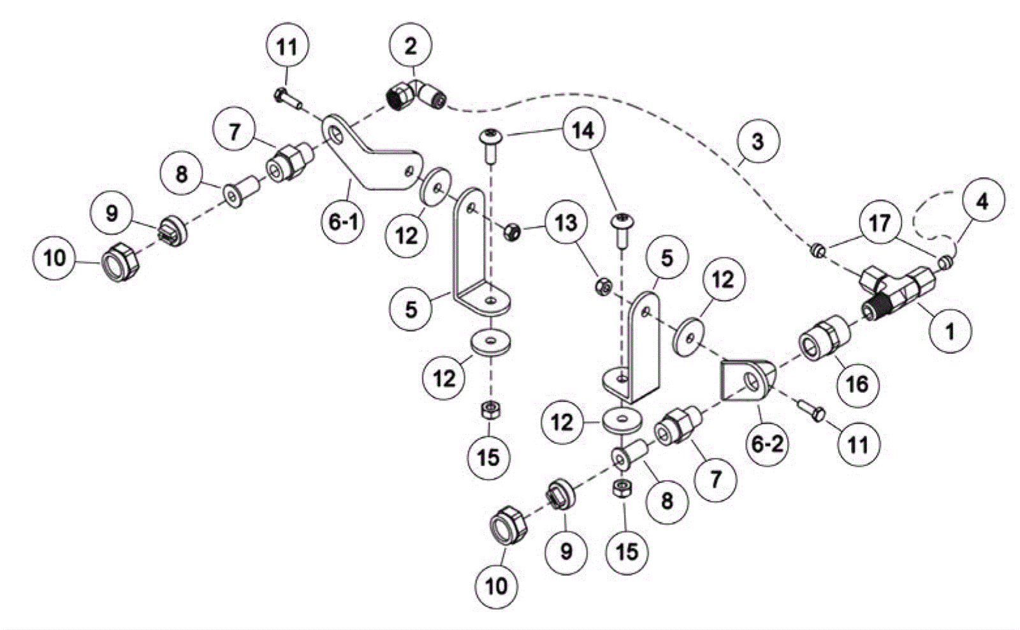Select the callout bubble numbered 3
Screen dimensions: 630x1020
coord(757,141)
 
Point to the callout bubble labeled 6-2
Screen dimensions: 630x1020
coord(766,444)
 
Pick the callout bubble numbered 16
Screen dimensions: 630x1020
coord(857,383)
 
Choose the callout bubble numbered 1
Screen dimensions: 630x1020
coord(950,332)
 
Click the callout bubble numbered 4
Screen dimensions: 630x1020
coord(982,201)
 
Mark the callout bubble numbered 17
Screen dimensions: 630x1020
coord(880,223)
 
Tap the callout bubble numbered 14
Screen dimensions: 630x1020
coord(583,131)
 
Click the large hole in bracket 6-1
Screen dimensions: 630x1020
coord(335,134)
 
